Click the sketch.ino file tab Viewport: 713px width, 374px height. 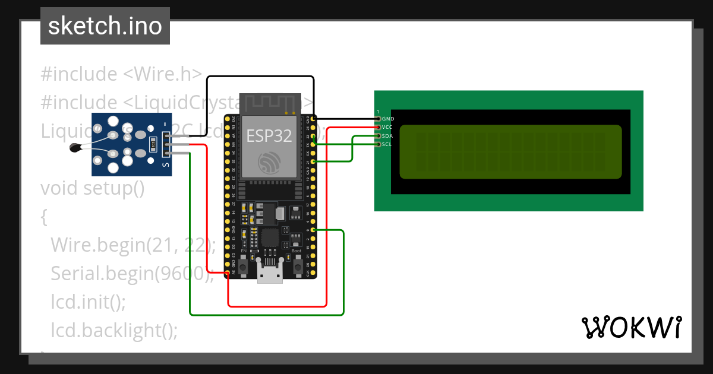pos(105,26)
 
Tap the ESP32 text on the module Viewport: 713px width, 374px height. pos(269,135)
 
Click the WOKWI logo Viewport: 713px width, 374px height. pos(631,328)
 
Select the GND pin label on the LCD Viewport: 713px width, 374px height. pos(388,119)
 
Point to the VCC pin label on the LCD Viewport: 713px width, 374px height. pos(387,127)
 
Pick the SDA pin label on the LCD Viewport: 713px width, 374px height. pos(387,136)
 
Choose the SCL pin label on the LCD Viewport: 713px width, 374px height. pos(387,144)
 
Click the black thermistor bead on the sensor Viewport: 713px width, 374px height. pos(75,148)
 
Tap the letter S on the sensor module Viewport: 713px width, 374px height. pos(166,165)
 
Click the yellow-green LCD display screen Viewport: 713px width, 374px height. pos(510,152)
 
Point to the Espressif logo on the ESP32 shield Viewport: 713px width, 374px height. pos(269,163)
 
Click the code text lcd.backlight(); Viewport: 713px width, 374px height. pos(114,329)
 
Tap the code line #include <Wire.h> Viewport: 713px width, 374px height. pos(122,74)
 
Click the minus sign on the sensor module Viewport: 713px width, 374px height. pos(166,124)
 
